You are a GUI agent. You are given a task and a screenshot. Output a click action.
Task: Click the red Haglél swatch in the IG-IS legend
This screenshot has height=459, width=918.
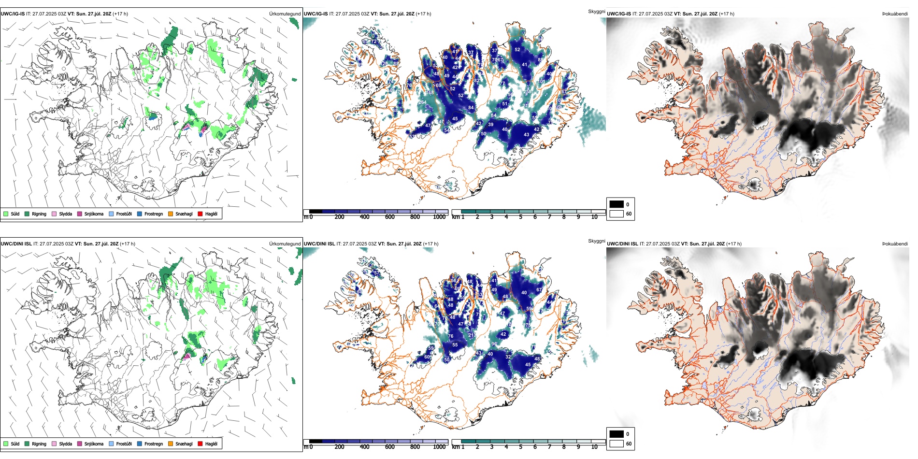(x=200, y=214)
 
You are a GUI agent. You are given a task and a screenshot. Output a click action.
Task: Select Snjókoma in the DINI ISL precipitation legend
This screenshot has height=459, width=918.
(x=80, y=444)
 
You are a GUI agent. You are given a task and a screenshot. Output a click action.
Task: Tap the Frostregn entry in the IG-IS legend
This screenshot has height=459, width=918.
(x=140, y=214)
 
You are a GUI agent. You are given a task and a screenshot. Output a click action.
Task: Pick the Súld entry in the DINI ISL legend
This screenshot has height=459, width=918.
(x=6, y=444)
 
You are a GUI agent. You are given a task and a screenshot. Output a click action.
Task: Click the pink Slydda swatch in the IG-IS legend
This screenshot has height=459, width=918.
(x=54, y=214)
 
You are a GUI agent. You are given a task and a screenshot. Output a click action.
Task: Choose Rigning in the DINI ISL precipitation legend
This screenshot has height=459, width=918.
(x=27, y=444)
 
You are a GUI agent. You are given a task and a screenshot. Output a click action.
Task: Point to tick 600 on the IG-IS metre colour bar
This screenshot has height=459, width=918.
(x=390, y=217)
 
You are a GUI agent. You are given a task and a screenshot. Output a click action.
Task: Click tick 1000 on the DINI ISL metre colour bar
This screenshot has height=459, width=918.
(x=439, y=447)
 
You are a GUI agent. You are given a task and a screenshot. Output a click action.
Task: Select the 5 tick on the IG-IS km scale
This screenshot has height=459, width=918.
(x=520, y=217)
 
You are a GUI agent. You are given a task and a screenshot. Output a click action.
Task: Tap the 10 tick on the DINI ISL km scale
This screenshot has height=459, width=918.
(x=594, y=447)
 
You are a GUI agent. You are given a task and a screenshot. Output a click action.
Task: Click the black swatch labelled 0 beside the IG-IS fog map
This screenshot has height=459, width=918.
(x=617, y=204)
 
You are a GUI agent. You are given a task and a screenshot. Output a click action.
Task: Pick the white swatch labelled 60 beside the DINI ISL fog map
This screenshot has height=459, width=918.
(x=617, y=444)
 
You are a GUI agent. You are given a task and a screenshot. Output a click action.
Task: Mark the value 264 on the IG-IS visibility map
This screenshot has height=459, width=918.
(x=422, y=102)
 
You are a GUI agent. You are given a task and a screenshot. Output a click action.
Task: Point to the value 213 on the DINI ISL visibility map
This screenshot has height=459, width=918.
(x=472, y=335)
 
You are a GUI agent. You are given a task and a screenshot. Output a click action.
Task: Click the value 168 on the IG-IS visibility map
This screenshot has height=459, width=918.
(x=430, y=93)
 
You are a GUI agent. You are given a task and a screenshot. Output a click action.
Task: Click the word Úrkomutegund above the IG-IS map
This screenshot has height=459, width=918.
(x=285, y=14)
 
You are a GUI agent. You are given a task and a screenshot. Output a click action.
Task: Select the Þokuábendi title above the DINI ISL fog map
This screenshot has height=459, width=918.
(x=895, y=244)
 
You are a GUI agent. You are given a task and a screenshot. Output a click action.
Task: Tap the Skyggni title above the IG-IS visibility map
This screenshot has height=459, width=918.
(x=596, y=11)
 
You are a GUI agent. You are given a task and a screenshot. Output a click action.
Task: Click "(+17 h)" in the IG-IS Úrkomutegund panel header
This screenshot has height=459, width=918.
(x=120, y=14)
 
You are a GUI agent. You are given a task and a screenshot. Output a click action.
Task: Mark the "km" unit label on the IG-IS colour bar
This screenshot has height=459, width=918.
(x=456, y=217)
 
